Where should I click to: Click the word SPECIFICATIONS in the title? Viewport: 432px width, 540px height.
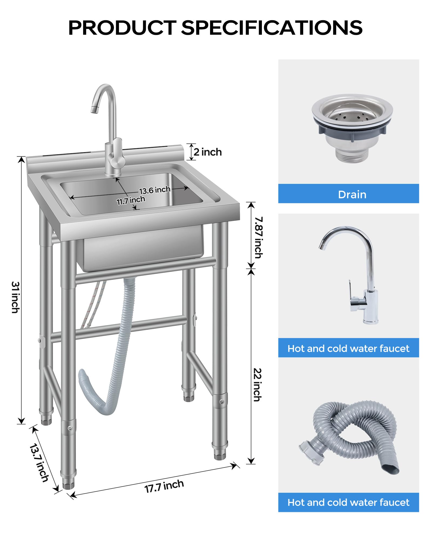pyautogui.click(x=272, y=28)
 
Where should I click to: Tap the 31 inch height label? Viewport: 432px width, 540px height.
pyautogui.click(x=15, y=297)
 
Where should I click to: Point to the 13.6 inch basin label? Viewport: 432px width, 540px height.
pyautogui.click(x=155, y=190)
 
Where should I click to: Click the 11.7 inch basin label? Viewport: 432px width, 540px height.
pyautogui.click(x=131, y=200)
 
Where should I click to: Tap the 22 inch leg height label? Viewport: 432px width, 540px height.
pyautogui.click(x=258, y=385)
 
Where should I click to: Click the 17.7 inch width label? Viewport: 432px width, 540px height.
pyautogui.click(x=164, y=486)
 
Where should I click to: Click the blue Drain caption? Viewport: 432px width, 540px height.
pyautogui.click(x=352, y=194)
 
